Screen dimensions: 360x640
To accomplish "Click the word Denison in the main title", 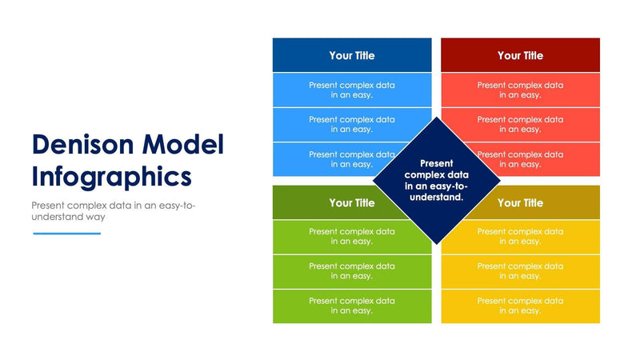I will click(x=83, y=144).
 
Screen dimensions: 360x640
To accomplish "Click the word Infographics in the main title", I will click(x=111, y=174).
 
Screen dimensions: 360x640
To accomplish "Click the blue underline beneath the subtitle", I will click(x=66, y=234).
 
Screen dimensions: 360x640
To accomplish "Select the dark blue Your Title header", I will click(x=351, y=55).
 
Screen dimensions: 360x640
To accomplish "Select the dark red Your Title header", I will click(x=520, y=55).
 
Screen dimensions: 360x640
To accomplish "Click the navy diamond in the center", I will click(x=436, y=180).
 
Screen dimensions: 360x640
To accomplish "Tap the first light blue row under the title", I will click(x=351, y=90).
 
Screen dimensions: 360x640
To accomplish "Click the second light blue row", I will click(x=351, y=124).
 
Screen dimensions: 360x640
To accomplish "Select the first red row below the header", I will click(x=520, y=90).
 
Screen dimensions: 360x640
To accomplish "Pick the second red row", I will click(x=520, y=124).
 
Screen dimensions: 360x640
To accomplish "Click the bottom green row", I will click(x=351, y=306).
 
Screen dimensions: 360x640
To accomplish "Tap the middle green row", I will click(x=351, y=271).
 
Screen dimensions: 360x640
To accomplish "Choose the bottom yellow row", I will click(x=520, y=306).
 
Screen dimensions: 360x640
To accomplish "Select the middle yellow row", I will click(x=520, y=271).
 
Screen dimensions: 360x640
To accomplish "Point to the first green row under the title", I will click(x=351, y=237).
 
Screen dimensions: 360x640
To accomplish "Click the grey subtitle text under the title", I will click(x=112, y=211).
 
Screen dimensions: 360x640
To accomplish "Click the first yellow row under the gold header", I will click(x=520, y=237).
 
